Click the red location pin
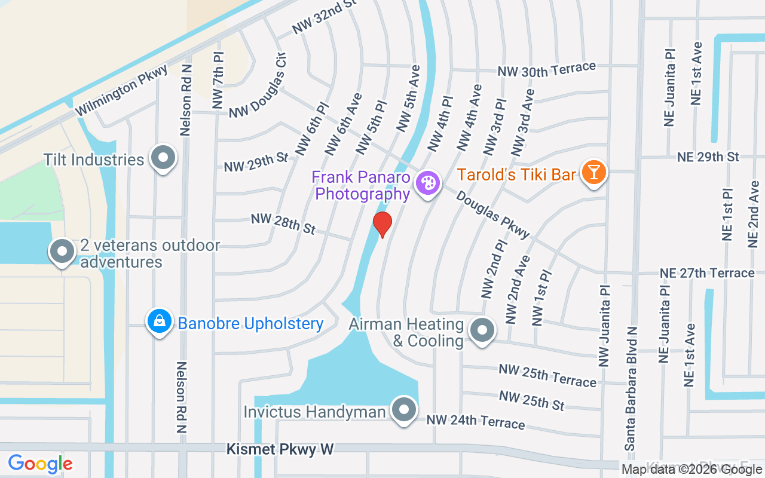(382, 224)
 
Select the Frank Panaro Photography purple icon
(427, 182)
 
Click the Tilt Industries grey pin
(163, 159)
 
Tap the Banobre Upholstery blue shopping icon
(160, 321)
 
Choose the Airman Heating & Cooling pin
(481, 330)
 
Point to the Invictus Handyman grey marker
(404, 410)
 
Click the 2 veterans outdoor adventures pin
(62, 252)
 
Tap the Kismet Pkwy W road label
(280, 449)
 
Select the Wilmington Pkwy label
(121, 90)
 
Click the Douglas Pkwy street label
(493, 215)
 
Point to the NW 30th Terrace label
(547, 69)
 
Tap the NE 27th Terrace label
(707, 273)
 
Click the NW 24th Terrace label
(476, 422)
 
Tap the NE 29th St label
(708, 157)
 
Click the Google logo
(40, 464)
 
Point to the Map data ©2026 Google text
(692, 470)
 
